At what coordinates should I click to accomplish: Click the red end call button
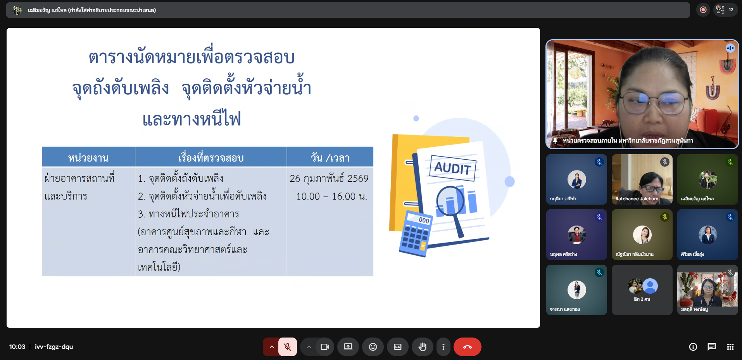tap(467, 347)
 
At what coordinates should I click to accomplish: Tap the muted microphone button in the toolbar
tap(288, 347)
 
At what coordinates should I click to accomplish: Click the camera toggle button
tap(325, 347)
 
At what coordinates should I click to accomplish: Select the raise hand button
tap(423, 347)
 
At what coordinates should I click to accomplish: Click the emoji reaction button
tap(373, 347)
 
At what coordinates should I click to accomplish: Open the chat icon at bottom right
tap(712, 347)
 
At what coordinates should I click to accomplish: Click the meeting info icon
tap(693, 347)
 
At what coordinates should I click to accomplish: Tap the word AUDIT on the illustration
tap(453, 168)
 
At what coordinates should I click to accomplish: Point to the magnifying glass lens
tap(450, 201)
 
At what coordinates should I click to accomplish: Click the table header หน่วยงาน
tap(88, 158)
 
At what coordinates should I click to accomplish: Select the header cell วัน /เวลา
tap(330, 158)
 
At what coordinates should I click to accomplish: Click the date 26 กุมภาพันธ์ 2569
tap(329, 178)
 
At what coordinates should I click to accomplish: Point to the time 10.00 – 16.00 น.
tap(331, 196)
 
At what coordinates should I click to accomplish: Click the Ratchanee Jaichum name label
tap(637, 199)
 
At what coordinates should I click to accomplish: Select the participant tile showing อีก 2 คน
tap(642, 290)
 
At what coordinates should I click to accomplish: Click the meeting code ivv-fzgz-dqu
tap(54, 347)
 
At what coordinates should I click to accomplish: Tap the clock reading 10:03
tap(17, 347)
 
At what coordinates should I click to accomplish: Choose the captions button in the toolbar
tap(398, 347)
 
